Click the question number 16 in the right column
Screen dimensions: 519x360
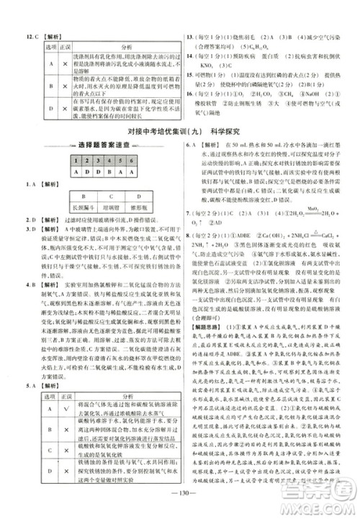click(x=189, y=94)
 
